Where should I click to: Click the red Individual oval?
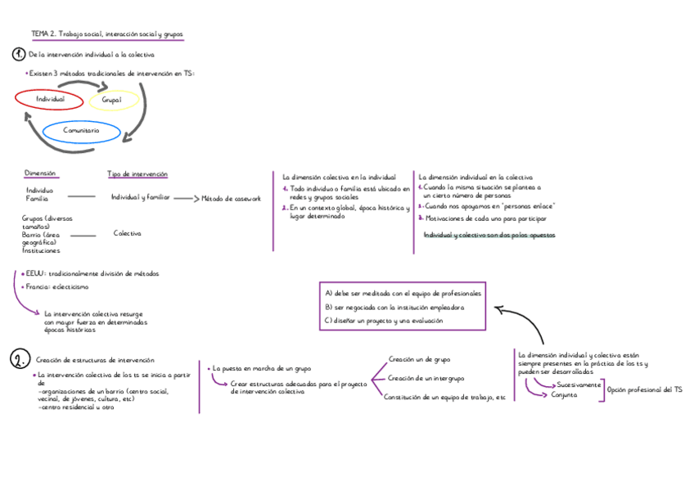coord(49,99)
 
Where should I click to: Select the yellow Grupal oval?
coord(113,100)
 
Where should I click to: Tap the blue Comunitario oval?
coord(81,130)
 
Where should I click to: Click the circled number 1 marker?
coord(19,54)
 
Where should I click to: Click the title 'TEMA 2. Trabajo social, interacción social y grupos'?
coord(107,34)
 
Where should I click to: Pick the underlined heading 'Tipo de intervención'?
coord(137,173)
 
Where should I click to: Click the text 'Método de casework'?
coord(231,198)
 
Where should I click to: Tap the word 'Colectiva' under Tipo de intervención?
coord(127,233)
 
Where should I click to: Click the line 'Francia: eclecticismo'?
coord(57,287)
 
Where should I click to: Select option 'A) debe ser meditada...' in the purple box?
coord(403,293)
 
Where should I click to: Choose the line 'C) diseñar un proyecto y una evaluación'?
coord(384,321)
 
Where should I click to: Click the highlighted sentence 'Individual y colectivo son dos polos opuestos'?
coord(488,235)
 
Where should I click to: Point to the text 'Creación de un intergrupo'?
coord(426,378)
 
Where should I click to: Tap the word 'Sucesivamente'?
coord(579,384)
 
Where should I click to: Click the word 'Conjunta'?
coord(564,394)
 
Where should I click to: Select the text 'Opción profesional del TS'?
coord(645,390)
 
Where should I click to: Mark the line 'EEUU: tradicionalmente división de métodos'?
coord(92,273)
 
